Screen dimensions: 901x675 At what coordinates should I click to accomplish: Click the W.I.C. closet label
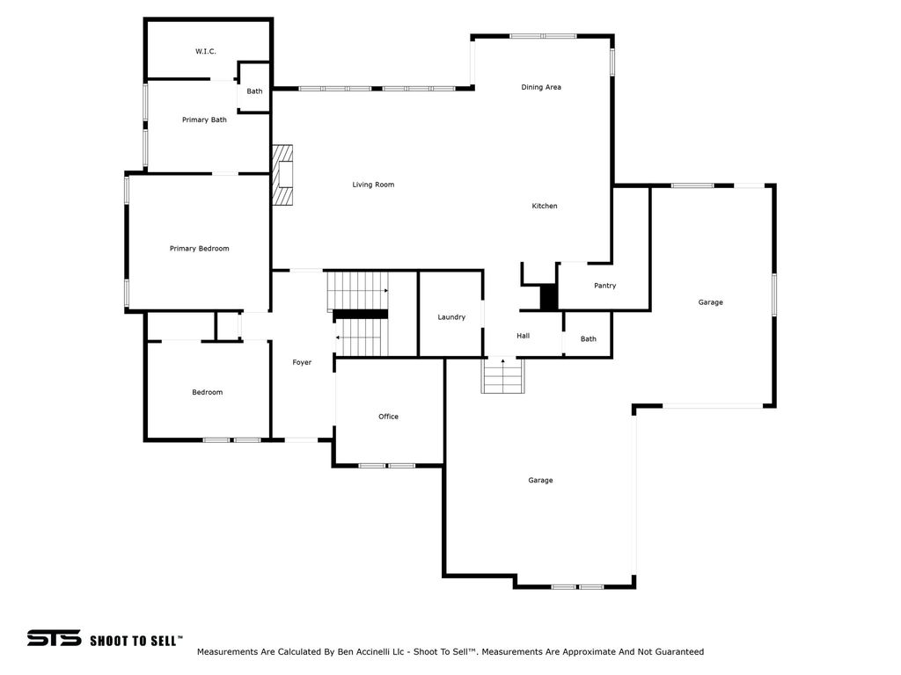206,52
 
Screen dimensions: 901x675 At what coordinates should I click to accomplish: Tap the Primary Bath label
204,120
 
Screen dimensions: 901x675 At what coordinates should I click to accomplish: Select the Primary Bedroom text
200,249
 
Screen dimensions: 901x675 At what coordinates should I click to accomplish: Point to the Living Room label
373,185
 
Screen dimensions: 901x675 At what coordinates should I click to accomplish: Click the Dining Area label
541,87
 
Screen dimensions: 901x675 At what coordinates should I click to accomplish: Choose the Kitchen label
544,206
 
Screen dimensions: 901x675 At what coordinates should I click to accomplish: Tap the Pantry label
604,286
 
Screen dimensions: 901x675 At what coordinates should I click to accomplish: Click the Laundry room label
451,317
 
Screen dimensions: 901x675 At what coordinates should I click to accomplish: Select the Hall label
523,336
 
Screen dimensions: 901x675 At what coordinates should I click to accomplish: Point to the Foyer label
302,363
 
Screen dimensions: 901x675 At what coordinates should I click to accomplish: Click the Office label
388,417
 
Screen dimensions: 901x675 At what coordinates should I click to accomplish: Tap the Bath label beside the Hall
589,339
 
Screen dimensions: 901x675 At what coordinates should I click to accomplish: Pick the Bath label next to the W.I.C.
254,91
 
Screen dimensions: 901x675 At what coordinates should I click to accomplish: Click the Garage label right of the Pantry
710,302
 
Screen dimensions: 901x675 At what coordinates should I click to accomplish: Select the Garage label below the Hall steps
540,481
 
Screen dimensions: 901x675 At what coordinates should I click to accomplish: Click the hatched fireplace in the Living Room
282,175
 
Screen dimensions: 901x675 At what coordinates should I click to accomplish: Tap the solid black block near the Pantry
548,297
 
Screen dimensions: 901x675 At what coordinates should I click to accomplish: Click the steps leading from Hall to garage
502,376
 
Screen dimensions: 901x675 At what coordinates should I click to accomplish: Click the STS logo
54,638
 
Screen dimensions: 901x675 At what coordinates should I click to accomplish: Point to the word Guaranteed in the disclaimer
678,652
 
